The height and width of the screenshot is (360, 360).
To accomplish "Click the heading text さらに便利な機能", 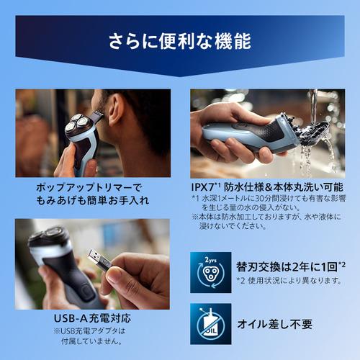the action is tap(180, 41).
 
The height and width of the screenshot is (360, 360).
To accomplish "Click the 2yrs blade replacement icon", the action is tap(211, 272).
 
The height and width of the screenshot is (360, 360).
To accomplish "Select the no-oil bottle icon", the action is tap(211, 324).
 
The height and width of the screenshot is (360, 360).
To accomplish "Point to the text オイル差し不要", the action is tap(275, 324).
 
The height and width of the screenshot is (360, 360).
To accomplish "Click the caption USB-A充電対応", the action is tap(92, 318).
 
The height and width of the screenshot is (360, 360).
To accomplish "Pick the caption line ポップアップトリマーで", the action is tap(89, 187).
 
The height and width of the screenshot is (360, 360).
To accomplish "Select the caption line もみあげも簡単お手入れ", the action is tap(92, 200).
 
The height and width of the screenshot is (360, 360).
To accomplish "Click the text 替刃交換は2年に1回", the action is tap(287, 266).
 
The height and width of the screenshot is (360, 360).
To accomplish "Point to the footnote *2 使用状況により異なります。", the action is tap(289, 280).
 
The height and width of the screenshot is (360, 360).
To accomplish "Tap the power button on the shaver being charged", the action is tap(85, 292).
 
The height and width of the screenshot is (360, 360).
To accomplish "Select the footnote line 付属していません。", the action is tap(91, 341).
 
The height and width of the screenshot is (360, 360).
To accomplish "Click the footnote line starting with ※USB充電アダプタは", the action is tap(89, 331).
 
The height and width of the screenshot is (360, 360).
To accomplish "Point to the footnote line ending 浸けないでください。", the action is tap(233, 226).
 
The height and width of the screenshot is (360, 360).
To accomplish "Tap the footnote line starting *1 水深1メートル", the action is tap(269, 199).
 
